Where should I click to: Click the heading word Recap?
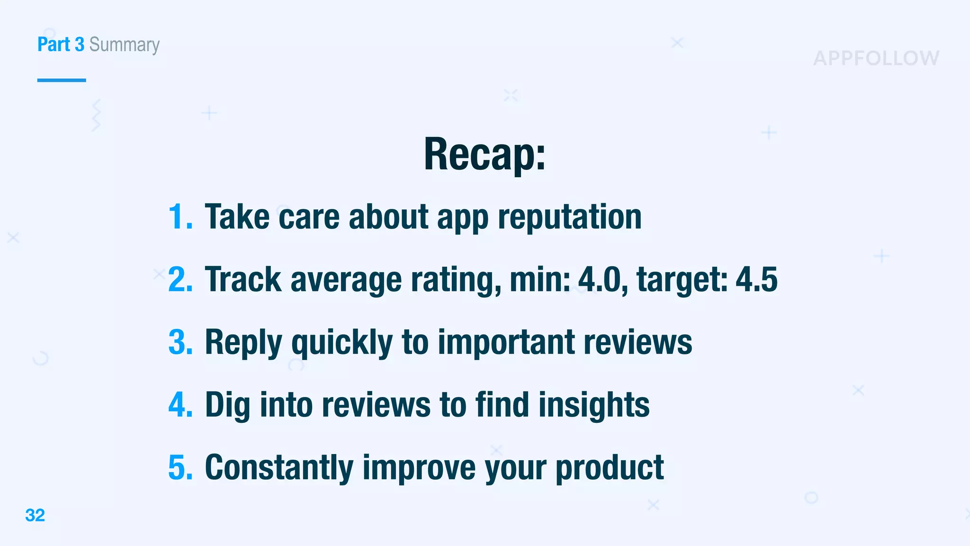point(484,154)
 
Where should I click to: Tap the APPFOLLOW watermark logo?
point(876,58)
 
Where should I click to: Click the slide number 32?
point(35,515)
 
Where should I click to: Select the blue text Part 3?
point(61,45)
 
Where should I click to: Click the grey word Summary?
point(125,45)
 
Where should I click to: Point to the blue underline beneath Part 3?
point(62,80)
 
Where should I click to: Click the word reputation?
point(569,217)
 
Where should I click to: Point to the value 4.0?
point(600,280)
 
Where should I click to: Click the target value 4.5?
point(756,280)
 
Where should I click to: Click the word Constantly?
point(279,468)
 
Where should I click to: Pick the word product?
point(610,468)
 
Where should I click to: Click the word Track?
point(243,280)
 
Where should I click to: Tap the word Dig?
point(227,406)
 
